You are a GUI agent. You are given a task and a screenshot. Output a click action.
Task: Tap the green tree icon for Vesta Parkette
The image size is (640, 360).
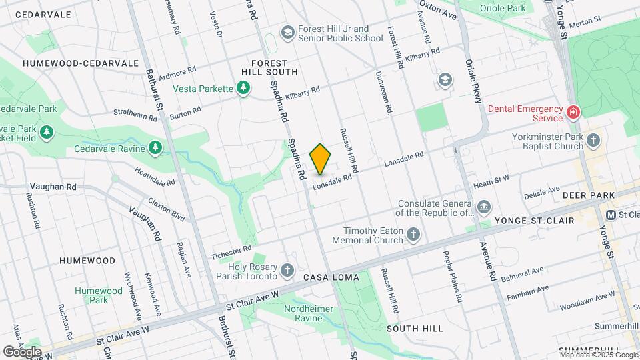click(x=244, y=88)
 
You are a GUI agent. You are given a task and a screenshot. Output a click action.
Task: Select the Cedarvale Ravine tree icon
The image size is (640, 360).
click(x=155, y=147)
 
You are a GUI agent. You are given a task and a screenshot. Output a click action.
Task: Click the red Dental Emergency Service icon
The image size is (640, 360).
click(x=573, y=112)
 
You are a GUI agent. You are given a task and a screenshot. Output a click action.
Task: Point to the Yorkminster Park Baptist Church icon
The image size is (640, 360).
click(x=593, y=141)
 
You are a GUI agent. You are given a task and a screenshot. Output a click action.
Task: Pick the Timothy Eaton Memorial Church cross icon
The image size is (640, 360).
click(x=414, y=234)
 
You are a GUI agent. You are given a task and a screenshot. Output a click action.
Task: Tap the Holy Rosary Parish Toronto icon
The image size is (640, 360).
click(x=287, y=270)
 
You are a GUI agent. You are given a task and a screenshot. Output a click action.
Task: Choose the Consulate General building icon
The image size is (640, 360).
click(x=484, y=207)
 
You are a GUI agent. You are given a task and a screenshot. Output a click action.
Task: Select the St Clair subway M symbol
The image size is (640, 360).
click(x=610, y=215)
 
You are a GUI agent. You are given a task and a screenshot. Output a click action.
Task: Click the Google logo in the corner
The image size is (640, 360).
click(x=22, y=351)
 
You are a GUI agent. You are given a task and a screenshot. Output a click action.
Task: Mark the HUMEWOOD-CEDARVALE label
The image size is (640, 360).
click(x=81, y=63)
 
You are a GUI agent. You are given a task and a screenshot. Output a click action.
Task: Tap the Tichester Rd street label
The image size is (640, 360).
click(x=231, y=251)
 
